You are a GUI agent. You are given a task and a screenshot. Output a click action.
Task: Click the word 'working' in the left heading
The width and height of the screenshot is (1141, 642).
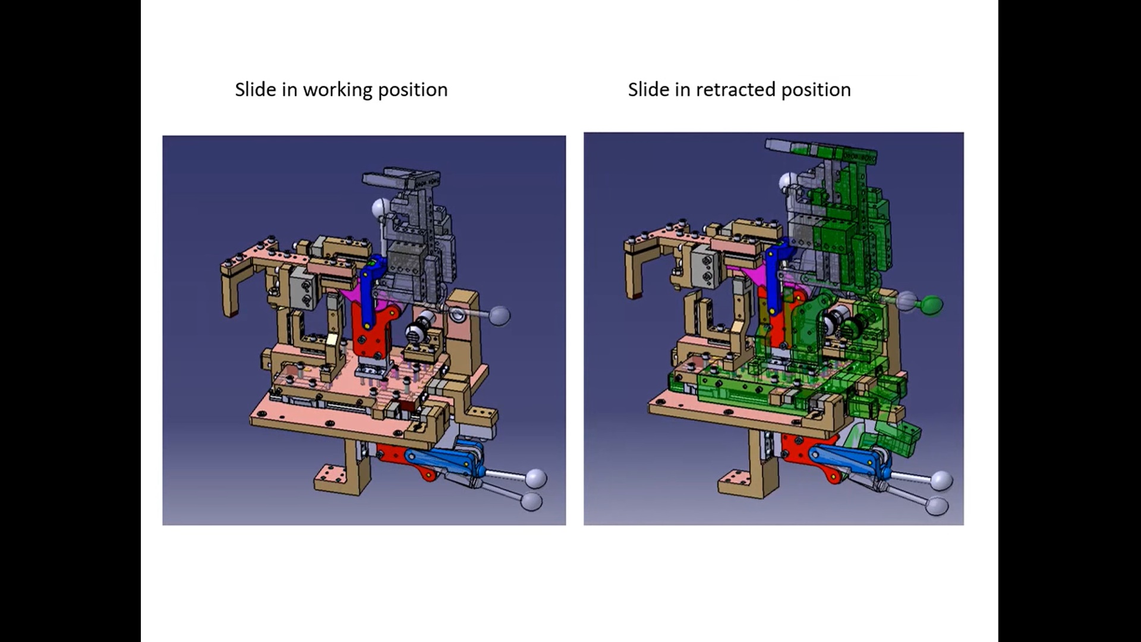(x=337, y=90)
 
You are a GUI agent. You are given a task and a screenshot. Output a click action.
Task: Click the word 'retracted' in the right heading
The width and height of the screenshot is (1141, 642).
(x=736, y=90)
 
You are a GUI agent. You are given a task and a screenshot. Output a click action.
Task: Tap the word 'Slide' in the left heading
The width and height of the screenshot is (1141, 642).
(x=256, y=90)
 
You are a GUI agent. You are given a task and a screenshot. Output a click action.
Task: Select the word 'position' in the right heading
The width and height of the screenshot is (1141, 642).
(x=815, y=90)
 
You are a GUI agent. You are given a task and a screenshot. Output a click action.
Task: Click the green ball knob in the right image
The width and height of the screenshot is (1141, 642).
(x=932, y=305)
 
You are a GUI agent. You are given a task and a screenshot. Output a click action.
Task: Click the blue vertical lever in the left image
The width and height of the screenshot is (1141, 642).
(x=369, y=291)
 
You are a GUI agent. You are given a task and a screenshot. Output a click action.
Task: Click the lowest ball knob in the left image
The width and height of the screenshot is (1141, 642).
(x=531, y=501)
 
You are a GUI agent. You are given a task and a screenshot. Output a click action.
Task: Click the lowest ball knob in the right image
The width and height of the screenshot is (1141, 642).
(x=937, y=506)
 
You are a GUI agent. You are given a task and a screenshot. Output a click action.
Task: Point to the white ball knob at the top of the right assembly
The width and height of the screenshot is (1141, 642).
(x=788, y=181)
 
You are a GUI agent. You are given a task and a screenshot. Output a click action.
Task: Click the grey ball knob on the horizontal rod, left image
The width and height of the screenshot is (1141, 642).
(x=499, y=315)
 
